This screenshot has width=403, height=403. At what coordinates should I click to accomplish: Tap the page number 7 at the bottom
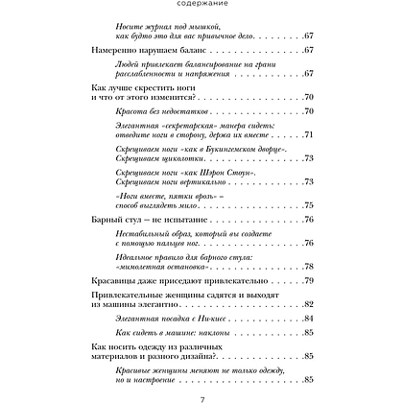tap(201, 394)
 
